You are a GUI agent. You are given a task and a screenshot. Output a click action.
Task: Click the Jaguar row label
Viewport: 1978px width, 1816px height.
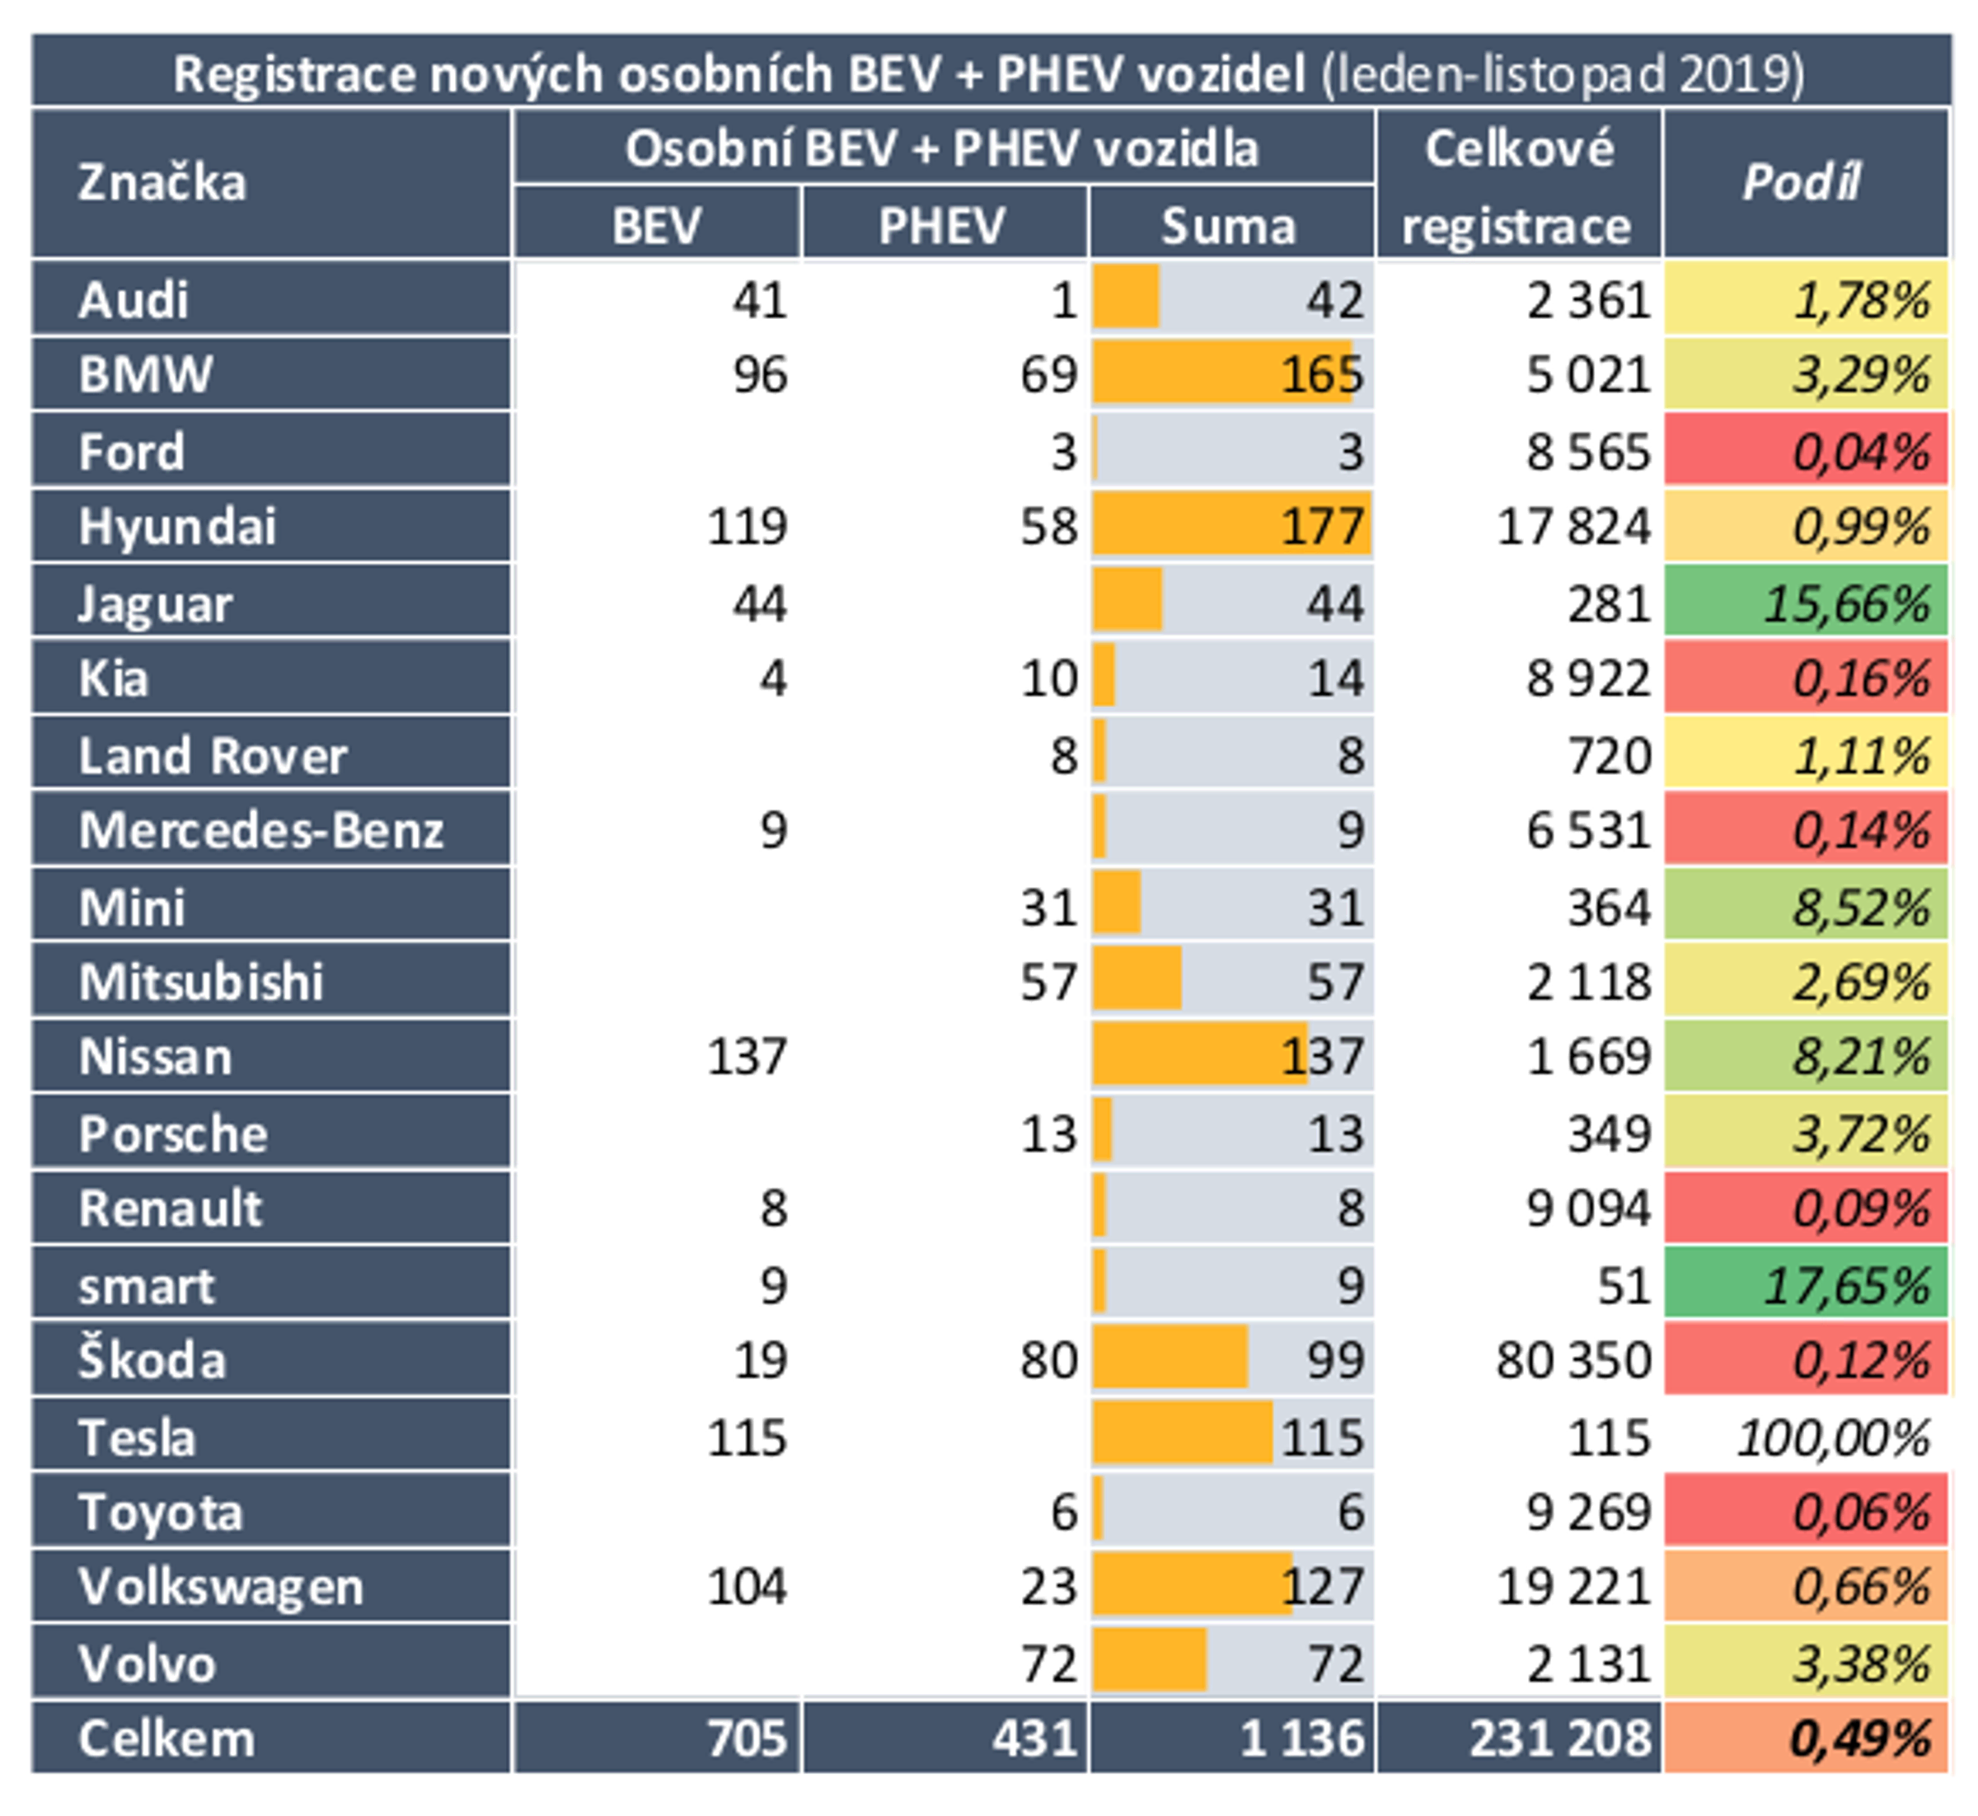[155, 603]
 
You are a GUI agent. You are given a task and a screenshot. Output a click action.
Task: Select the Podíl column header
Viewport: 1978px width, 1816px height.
[1803, 183]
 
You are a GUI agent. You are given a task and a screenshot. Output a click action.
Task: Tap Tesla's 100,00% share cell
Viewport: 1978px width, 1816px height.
[1833, 1438]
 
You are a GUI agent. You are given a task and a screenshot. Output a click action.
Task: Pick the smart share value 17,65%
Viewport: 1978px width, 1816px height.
[1845, 1285]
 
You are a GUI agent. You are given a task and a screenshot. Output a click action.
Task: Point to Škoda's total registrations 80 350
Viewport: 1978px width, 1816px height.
[1573, 1361]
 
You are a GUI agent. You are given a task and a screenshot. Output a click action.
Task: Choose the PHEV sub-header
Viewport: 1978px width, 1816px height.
[942, 225]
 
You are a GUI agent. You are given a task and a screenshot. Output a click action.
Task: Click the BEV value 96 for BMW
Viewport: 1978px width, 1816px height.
[760, 374]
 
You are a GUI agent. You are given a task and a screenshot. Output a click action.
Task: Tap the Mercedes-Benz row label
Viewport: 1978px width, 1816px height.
[261, 830]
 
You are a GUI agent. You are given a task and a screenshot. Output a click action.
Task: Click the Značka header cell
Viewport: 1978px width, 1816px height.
[162, 183]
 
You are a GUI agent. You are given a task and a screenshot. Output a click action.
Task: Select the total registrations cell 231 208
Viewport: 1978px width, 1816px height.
[1559, 1739]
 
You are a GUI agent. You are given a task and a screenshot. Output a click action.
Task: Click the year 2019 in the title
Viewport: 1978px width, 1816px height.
[1739, 75]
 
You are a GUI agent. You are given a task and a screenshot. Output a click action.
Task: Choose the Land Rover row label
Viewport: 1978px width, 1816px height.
[213, 756]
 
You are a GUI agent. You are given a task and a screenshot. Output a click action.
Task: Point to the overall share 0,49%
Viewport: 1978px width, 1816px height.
[1859, 1739]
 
